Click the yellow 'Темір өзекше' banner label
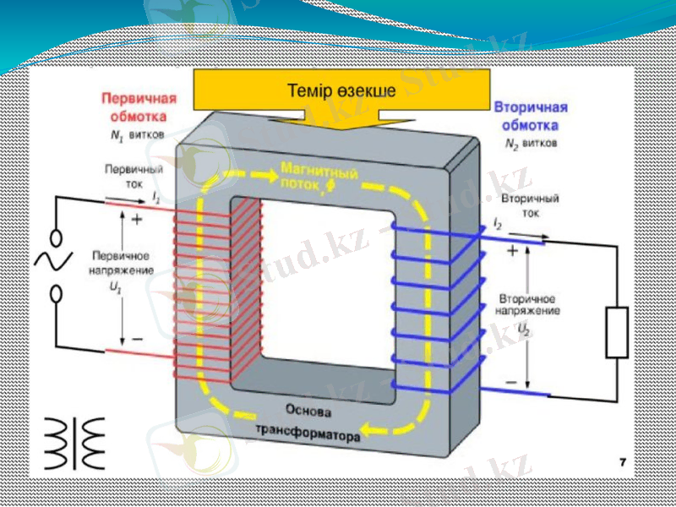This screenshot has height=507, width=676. pyautogui.click(x=341, y=90)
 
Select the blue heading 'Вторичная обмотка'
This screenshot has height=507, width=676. pyautogui.click(x=530, y=117)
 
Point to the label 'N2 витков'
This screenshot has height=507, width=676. pyautogui.click(x=530, y=144)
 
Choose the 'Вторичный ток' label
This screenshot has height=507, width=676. pyautogui.click(x=530, y=206)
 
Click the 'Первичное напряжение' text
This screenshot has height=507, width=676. pyautogui.click(x=120, y=262)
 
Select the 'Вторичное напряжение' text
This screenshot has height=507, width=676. pyautogui.click(x=526, y=306)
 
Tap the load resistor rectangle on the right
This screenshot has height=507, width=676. pyautogui.click(x=618, y=333)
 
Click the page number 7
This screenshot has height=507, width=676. pyautogui.click(x=623, y=462)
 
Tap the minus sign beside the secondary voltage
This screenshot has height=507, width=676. pyautogui.click(x=511, y=382)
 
